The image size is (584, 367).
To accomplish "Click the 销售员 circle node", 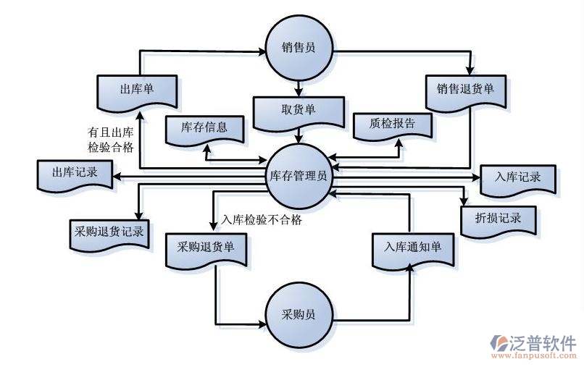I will coord(298,48).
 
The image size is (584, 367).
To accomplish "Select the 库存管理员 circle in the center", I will coord(298,175).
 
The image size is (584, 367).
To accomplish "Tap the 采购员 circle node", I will coord(298,314).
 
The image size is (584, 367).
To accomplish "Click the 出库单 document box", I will coord(137,90).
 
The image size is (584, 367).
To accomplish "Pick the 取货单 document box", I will coord(298,111).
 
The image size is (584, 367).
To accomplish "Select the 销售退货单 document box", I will coord(465,90).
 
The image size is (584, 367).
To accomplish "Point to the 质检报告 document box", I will coord(392,124).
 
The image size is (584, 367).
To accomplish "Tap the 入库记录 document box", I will coord(518,177).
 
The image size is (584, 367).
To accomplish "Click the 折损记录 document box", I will coord(500,218).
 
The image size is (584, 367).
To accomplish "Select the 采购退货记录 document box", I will coord(108,232).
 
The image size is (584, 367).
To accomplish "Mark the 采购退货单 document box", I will coord(206,247).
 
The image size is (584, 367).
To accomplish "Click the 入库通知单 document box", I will coord(413,247).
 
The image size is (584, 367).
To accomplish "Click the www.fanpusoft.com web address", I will coord(535,356).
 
